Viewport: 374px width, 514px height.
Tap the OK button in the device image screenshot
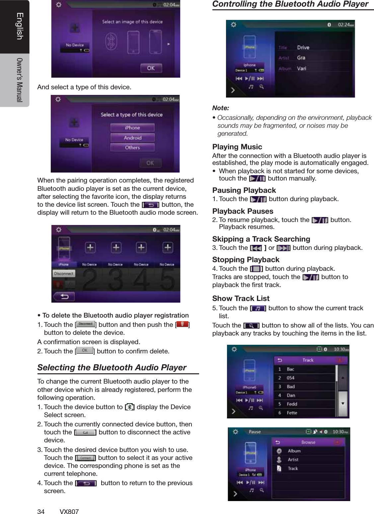[x=151, y=68]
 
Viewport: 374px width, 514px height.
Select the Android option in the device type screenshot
[x=132, y=138]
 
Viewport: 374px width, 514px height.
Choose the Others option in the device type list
[x=132, y=148]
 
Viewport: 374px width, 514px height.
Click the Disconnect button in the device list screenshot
[x=64, y=274]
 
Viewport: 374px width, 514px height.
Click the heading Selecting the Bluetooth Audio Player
[x=112, y=368]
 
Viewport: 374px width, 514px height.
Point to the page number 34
[x=41, y=511]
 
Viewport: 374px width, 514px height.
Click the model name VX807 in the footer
[x=69, y=511]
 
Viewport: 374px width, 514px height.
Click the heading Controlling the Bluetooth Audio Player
[x=290, y=4]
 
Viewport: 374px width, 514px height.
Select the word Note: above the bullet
[x=221, y=108]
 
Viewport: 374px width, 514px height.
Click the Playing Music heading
[x=237, y=147]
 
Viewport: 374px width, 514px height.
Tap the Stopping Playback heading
[x=246, y=259]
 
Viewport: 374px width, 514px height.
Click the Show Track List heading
[x=241, y=298]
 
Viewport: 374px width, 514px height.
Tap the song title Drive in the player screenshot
[x=303, y=48]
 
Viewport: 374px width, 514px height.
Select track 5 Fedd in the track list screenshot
[x=292, y=404]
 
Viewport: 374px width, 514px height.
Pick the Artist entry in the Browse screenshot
[x=293, y=460]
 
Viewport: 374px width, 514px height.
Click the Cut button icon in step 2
[x=85, y=432]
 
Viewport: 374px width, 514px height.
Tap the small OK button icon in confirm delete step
[x=85, y=350]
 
